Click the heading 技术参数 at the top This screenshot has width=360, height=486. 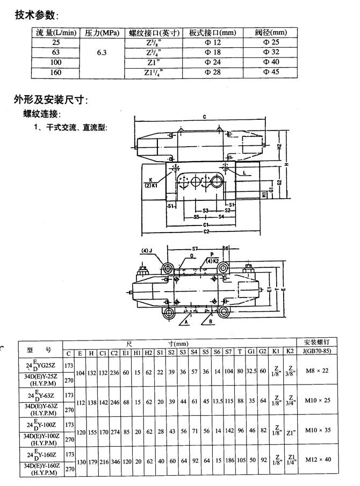tap(37, 14)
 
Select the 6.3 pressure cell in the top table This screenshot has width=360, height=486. tap(102, 53)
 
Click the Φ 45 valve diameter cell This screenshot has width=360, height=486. tap(272, 72)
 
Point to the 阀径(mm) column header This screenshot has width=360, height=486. tap(271, 33)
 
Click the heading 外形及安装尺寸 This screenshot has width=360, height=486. tap(51, 100)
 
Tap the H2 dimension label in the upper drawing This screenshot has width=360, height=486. tap(279, 146)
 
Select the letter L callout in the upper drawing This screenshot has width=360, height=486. tap(244, 173)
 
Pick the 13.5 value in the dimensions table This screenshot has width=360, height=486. tap(217, 401)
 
